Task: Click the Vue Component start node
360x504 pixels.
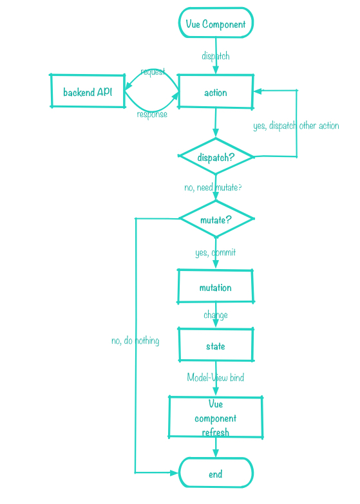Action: click(x=216, y=24)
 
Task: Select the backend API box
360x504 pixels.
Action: click(x=88, y=91)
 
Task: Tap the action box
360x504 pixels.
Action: click(x=215, y=92)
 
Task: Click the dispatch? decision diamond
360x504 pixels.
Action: click(x=216, y=157)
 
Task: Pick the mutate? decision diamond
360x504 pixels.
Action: click(x=216, y=219)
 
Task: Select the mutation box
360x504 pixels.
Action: click(x=215, y=287)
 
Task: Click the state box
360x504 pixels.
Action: click(x=215, y=346)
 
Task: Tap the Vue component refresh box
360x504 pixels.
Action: click(x=215, y=418)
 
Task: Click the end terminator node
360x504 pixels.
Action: click(x=215, y=474)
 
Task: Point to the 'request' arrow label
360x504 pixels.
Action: click(x=153, y=71)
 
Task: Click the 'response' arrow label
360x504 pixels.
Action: click(x=152, y=114)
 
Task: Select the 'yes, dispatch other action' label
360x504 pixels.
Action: click(x=296, y=126)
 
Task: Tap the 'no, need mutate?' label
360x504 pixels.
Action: click(x=213, y=187)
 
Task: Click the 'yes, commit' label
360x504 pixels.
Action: click(x=215, y=252)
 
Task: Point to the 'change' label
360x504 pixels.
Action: click(x=215, y=315)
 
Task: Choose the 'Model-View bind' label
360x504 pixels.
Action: click(x=215, y=377)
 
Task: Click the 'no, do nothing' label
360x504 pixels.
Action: click(x=135, y=341)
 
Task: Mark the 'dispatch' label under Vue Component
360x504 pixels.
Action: click(x=215, y=56)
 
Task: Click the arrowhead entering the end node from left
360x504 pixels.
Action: click(x=174, y=472)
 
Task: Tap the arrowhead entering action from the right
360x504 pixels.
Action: click(x=258, y=91)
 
